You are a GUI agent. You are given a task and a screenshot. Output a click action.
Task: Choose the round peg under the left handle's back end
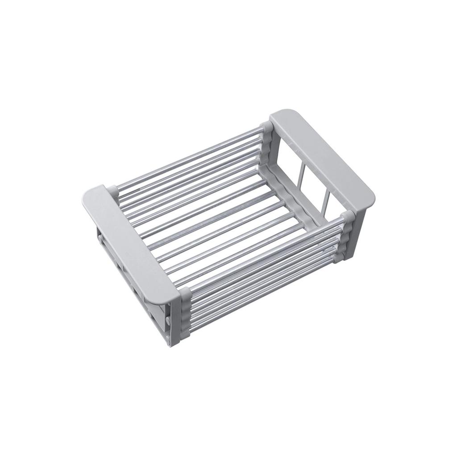99,237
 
